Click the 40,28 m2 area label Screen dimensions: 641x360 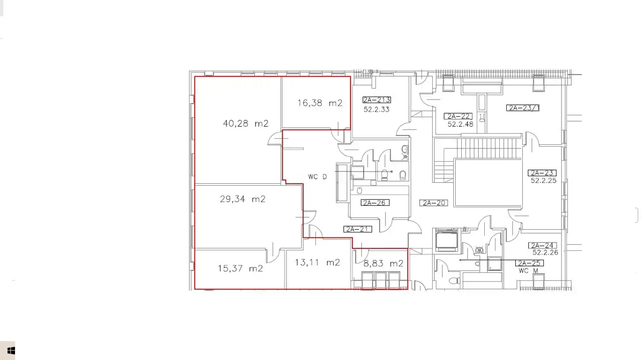click(245, 124)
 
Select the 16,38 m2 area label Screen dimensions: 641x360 click(319, 103)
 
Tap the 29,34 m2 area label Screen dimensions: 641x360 click(243, 199)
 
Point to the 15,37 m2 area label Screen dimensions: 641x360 click(240, 268)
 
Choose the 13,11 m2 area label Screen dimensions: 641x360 click(317, 262)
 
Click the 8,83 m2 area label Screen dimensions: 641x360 click(383, 263)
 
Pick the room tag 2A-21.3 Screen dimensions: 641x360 click(377, 100)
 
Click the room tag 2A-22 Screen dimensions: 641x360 click(458, 116)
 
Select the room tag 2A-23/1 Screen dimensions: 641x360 click(523, 108)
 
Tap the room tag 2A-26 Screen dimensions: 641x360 click(375, 203)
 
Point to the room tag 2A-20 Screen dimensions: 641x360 click(434, 203)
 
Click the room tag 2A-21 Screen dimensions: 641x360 click(358, 229)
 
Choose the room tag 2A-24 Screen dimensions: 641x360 click(542, 245)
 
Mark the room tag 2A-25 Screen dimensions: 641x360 click(529, 263)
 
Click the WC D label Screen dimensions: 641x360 click(317, 177)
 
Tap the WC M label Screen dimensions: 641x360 click(528, 271)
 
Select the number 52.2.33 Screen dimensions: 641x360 click(376, 110)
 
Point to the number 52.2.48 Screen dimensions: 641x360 click(460, 124)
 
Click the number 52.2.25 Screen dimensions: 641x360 click(543, 181)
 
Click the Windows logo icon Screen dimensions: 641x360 click(11, 350)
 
